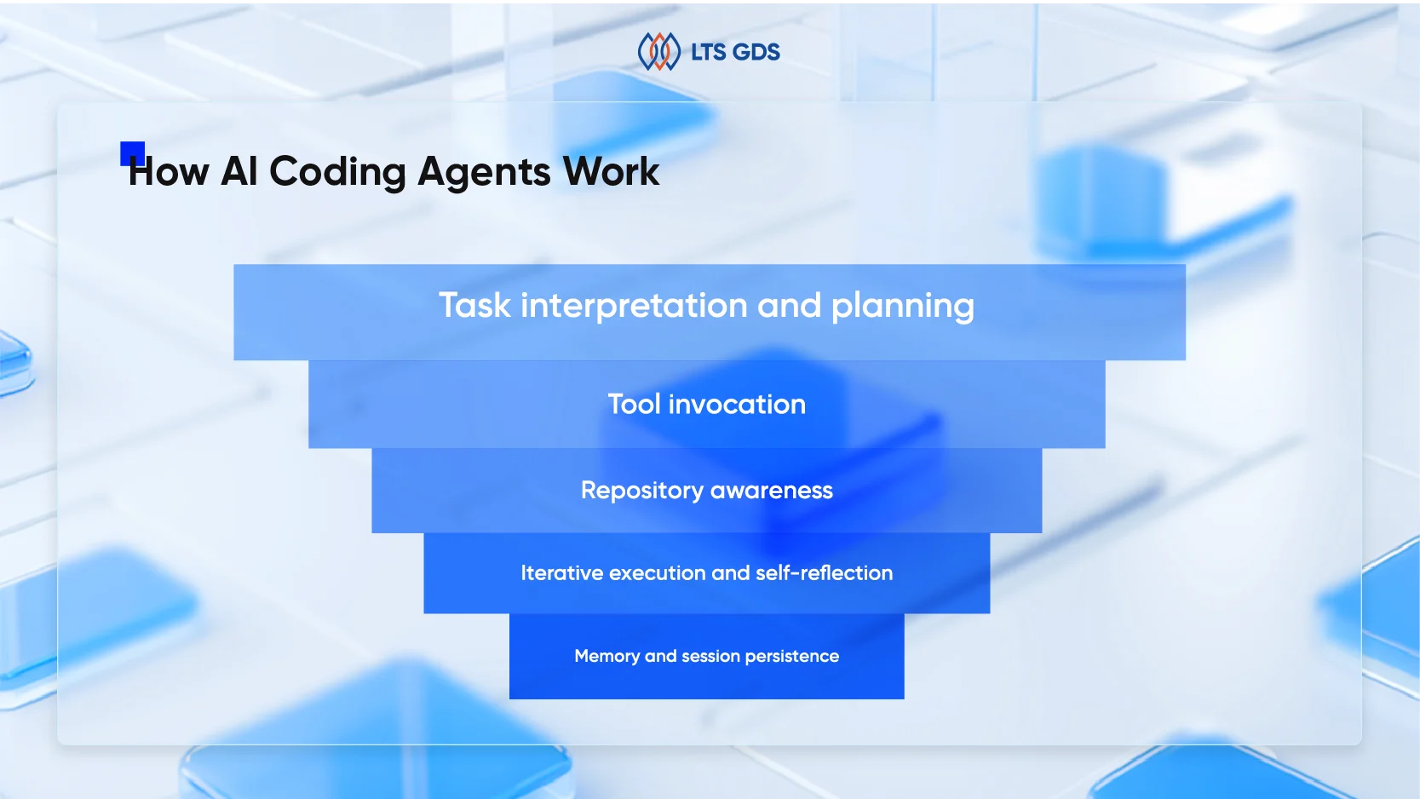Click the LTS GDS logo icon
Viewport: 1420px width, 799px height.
click(x=658, y=52)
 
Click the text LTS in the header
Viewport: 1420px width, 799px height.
click(x=708, y=52)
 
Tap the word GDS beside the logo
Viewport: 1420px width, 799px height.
click(x=756, y=52)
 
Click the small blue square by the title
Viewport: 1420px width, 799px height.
click(x=132, y=152)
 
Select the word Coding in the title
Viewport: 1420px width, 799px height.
click(x=337, y=171)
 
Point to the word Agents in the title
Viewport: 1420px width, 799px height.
click(x=484, y=171)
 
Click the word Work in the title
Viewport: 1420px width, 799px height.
click(x=611, y=171)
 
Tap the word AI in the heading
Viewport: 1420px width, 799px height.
click(x=239, y=171)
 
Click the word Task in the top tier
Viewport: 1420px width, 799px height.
click(x=474, y=305)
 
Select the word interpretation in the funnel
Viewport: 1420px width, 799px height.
click(x=634, y=305)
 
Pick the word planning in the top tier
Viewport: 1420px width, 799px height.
click(x=902, y=305)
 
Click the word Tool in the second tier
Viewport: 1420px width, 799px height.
click(x=634, y=404)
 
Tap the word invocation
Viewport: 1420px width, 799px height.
click(x=737, y=404)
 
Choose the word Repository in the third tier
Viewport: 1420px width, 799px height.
click(x=641, y=491)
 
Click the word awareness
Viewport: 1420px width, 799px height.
click(x=771, y=491)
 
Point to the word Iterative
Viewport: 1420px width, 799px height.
click(x=561, y=573)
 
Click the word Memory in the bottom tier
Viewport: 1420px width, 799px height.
click(x=607, y=656)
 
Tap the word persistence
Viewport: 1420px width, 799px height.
click(x=791, y=656)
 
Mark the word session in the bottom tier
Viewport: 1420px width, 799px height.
click(x=710, y=656)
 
